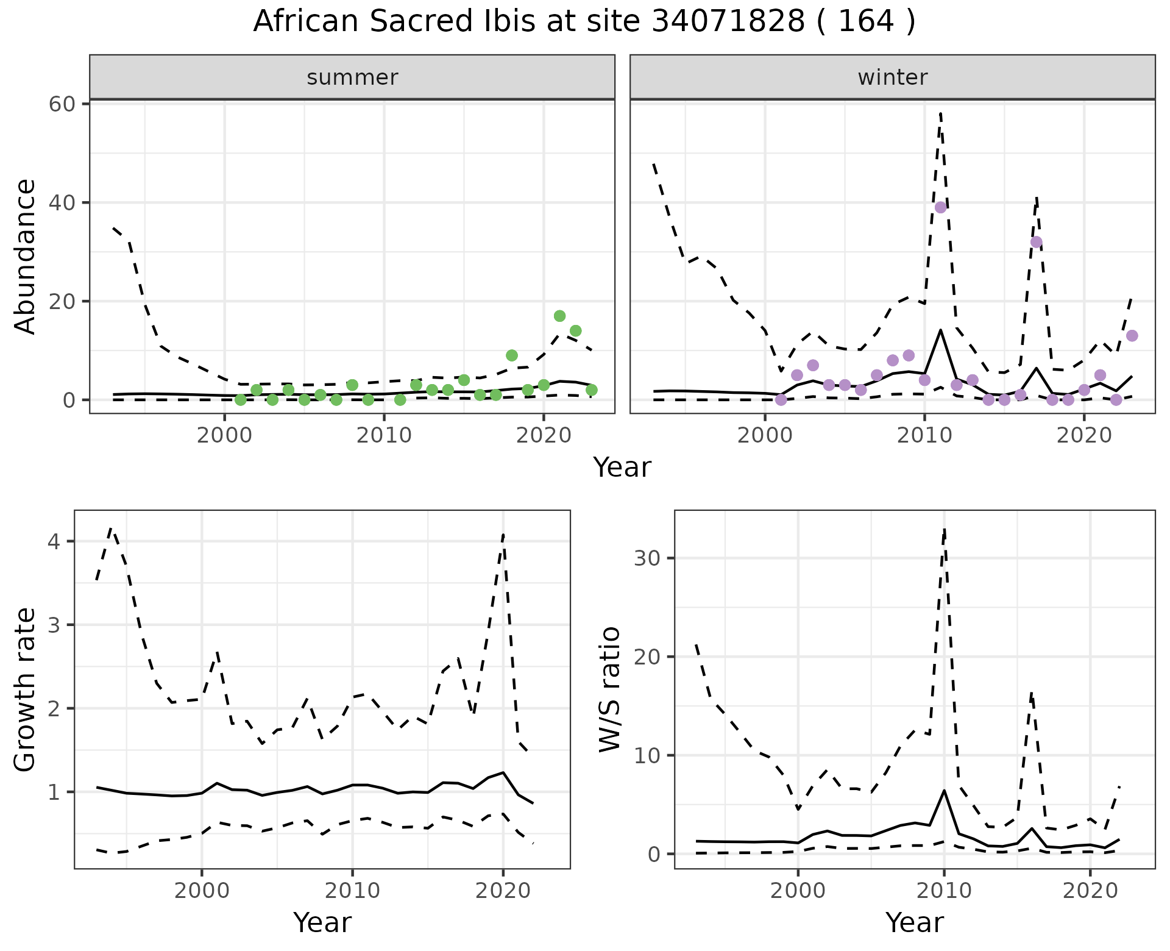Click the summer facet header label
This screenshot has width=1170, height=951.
352,77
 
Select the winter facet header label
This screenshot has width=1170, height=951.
892,77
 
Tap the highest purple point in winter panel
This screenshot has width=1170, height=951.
940,207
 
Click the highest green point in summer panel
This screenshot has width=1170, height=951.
559,316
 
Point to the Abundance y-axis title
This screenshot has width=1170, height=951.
25,256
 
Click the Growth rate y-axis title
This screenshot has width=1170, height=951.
25,689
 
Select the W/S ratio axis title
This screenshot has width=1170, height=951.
609,689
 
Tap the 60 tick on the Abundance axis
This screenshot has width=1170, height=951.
62,104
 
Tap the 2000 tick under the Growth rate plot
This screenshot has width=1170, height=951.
202,891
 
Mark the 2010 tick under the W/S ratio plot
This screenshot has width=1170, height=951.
944,891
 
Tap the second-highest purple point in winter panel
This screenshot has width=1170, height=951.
1036,242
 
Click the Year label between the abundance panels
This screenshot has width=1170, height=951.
622,468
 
